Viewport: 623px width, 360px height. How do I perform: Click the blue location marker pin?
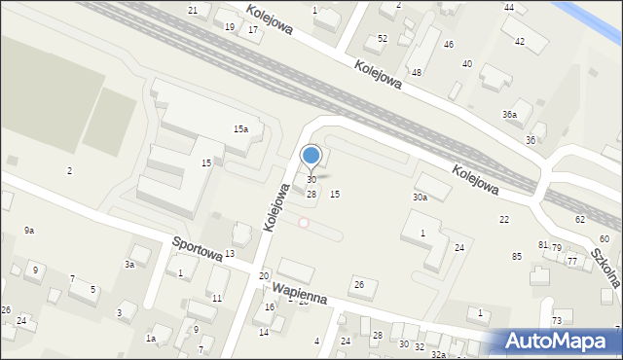point(311,156)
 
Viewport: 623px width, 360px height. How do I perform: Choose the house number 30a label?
point(420,198)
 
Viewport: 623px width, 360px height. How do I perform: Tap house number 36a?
point(509,115)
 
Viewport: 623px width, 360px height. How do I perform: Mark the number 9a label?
point(29,231)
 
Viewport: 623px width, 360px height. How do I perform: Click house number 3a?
point(128,265)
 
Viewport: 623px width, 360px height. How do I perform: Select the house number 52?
point(383,39)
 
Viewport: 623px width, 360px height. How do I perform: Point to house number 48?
point(417,73)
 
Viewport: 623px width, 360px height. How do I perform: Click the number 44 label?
point(509,8)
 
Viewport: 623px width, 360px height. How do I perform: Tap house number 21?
point(193,10)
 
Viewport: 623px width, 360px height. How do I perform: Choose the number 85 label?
point(516,256)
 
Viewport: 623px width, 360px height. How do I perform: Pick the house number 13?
point(230,254)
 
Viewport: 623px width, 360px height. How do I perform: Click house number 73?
point(557,321)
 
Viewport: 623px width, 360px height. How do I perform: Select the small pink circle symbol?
point(304,223)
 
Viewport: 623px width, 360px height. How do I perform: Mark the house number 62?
point(580,220)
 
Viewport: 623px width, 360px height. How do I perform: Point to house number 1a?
point(151,339)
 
